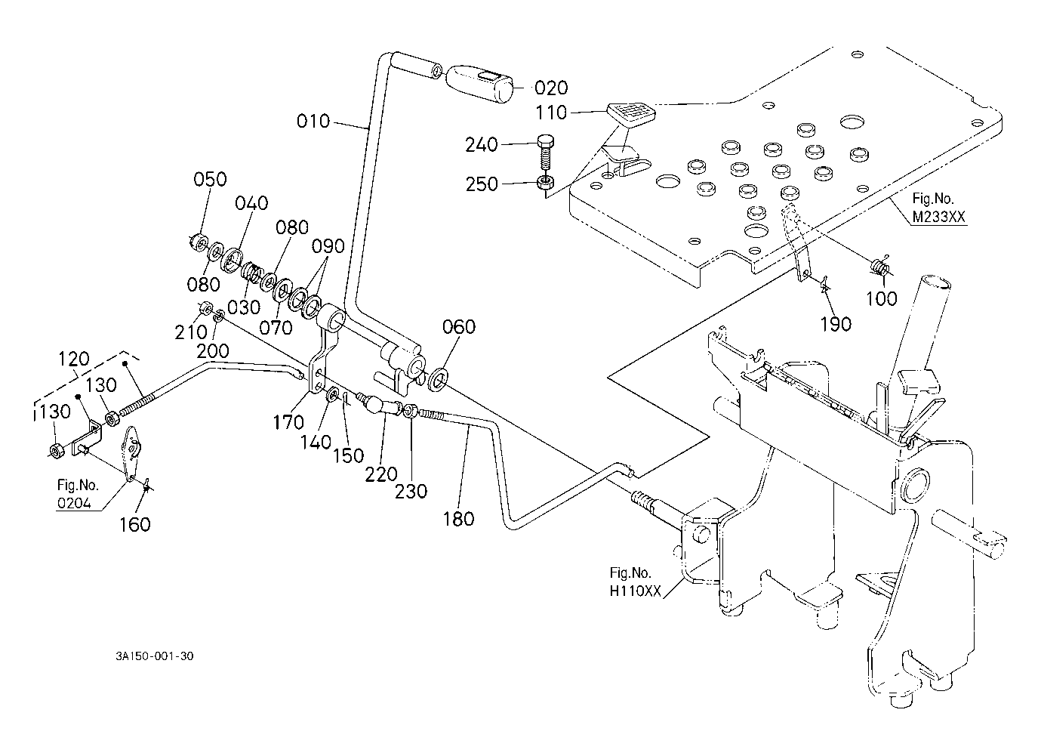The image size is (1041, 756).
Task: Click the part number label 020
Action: (x=551, y=88)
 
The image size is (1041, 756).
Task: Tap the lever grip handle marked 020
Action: (x=479, y=84)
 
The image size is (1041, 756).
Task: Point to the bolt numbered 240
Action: (x=545, y=154)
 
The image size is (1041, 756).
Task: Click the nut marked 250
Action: (x=545, y=181)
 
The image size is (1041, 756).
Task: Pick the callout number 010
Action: (x=313, y=122)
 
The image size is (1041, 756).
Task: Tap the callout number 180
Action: (x=458, y=519)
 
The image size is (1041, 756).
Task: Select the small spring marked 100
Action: (x=879, y=266)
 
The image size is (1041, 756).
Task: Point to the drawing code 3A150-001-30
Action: (x=155, y=656)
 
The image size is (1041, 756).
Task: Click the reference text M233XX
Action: (x=939, y=217)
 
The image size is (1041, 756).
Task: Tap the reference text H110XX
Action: (x=635, y=591)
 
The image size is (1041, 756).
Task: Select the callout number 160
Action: (x=135, y=525)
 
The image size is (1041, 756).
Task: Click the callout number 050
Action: (x=210, y=180)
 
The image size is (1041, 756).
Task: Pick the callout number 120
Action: (x=74, y=359)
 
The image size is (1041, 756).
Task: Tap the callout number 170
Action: (x=288, y=423)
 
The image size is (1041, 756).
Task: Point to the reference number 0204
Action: (x=74, y=503)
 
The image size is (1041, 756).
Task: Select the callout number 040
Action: (x=251, y=203)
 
